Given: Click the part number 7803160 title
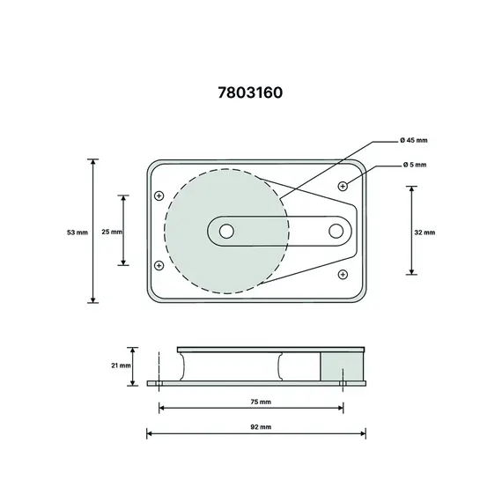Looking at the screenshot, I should pos(251,92).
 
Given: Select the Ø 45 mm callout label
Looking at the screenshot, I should pos(413,141).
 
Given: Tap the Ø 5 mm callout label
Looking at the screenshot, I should pos(414,165).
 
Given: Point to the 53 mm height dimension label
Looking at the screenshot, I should pos(78,232).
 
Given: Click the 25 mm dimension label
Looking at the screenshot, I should pos(112,232).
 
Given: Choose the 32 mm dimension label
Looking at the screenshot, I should pos(424,232).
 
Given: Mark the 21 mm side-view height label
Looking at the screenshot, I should pos(121,364).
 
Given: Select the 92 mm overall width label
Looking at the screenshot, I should pos(260,426).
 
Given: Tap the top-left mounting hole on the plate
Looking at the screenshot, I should pos(159,196).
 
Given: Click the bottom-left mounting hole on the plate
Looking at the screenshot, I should pos(159,265).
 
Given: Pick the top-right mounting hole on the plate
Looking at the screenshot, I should pos(343,186).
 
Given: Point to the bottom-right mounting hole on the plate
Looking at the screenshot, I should pos(343,275).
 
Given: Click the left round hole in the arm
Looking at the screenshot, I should pos(226,231).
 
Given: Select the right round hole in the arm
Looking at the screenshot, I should pos(336,231).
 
